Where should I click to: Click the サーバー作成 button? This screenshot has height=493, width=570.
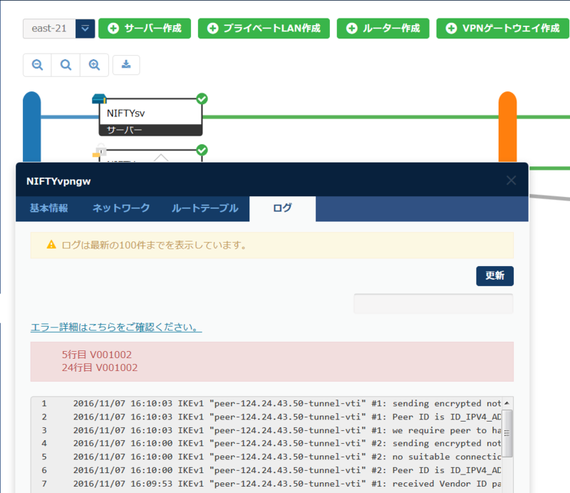pyautogui.click(x=145, y=29)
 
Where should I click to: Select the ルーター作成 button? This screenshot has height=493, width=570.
pyautogui.click(x=383, y=29)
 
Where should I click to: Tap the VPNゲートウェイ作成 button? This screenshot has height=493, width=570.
pyautogui.click(x=502, y=29)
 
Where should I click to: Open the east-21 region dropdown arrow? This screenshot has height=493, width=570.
pyautogui.click(x=85, y=29)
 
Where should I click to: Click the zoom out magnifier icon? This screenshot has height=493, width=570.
pyautogui.click(x=37, y=65)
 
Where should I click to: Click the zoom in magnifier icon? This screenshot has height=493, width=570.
pyautogui.click(x=94, y=65)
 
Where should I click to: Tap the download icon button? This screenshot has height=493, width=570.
pyautogui.click(x=126, y=65)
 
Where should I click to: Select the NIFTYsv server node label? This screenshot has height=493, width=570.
pyautogui.click(x=126, y=112)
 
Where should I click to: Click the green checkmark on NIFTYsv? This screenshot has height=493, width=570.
pyautogui.click(x=202, y=98)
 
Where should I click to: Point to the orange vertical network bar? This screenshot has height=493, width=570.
pyautogui.click(x=507, y=128)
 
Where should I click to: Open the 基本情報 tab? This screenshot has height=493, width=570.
pyautogui.click(x=49, y=208)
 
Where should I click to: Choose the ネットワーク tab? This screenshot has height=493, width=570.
pyautogui.click(x=121, y=208)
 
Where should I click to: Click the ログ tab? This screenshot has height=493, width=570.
pyautogui.click(x=282, y=208)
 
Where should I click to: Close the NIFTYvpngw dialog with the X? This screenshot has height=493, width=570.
pyautogui.click(x=511, y=181)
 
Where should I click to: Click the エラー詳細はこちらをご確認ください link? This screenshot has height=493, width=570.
pyautogui.click(x=116, y=327)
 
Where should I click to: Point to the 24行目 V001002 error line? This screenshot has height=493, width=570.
pyautogui.click(x=100, y=367)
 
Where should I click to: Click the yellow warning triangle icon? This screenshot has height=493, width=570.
pyautogui.click(x=51, y=245)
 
